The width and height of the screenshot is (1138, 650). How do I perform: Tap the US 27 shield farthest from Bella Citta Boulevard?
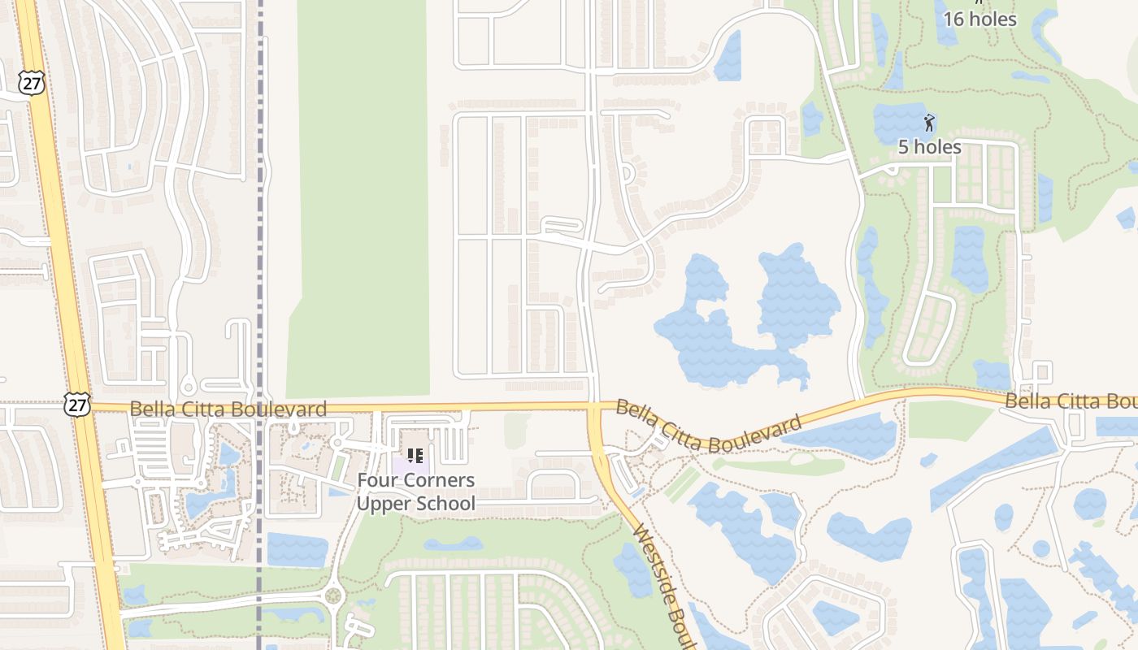(31, 83)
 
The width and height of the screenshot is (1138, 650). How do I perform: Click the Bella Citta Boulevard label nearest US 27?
(228, 409)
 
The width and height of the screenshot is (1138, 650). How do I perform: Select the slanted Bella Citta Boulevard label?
(708, 427)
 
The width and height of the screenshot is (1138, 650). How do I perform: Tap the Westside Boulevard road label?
(662, 585)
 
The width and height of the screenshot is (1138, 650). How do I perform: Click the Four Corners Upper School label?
(415, 492)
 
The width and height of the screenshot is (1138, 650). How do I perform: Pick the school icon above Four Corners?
(415, 455)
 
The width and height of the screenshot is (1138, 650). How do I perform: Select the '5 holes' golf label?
(930, 147)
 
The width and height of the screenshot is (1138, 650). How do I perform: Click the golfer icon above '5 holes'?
(930, 123)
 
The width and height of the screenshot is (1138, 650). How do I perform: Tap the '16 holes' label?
(980, 19)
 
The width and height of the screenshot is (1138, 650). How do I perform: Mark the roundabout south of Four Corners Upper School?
(332, 596)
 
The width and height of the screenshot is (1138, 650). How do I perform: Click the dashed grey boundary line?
(260, 244)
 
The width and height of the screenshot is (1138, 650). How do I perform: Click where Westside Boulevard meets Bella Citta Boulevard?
(595, 406)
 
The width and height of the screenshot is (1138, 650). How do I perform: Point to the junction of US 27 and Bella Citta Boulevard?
(84, 406)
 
